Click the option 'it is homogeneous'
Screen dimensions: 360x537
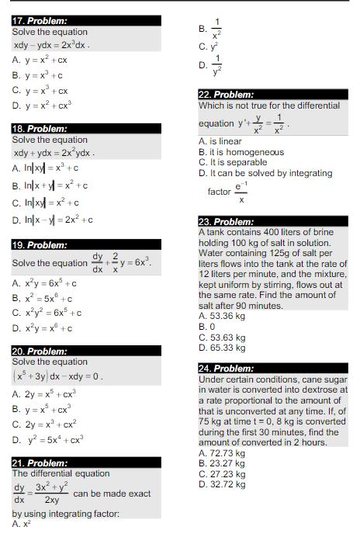tap(241, 153)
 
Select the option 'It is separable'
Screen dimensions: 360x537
tap(237, 163)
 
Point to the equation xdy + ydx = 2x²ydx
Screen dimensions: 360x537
tap(54, 153)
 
